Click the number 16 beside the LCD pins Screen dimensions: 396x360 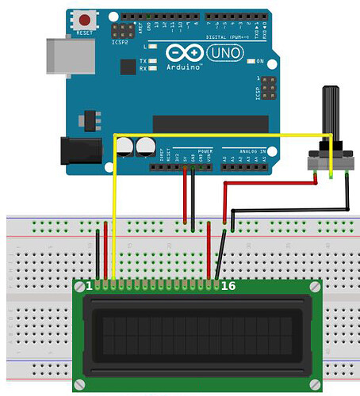pyautogui.click(x=229, y=285)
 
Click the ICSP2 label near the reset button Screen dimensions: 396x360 pyautogui.click(x=122, y=44)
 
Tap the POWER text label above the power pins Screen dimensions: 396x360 pyautogui.click(x=204, y=149)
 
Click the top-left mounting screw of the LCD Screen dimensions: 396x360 pyautogui.click(x=81, y=288)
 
